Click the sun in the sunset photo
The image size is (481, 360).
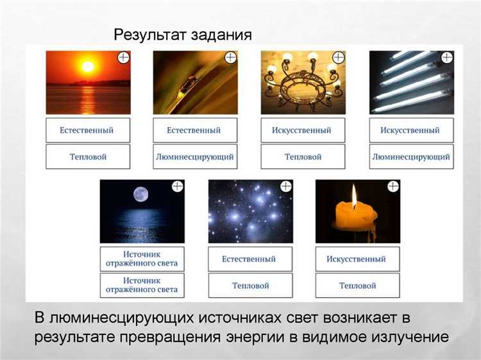coord(88,65)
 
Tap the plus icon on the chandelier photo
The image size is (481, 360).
coord(339,58)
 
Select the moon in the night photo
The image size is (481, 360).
coord(140,194)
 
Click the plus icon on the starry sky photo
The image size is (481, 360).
coord(286,186)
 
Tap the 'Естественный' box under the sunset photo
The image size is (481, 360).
coord(87,130)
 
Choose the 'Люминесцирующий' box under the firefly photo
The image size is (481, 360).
coord(195,157)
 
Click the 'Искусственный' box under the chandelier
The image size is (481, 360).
coord(303,130)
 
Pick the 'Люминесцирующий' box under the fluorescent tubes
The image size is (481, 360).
coord(411,157)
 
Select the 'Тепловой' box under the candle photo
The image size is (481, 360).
coord(357,286)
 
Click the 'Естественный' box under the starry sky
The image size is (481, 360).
coord(249,259)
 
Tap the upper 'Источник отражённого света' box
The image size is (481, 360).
coord(142,259)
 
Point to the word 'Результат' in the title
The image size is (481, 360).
coord(148,35)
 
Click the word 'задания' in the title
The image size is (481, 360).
coord(217,35)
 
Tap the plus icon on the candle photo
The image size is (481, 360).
coord(393,186)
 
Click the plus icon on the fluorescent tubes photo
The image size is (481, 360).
coord(447,58)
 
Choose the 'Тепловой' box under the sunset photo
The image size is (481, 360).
coord(87,157)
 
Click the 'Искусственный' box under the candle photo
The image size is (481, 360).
coord(357,259)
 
